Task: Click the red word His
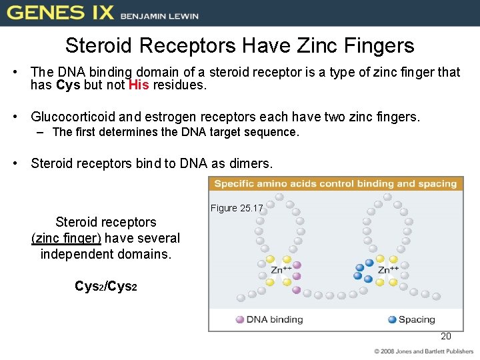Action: [x=139, y=85]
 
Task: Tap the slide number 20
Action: [x=446, y=336]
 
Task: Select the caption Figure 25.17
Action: [x=237, y=208]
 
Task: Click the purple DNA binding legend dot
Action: [x=240, y=319]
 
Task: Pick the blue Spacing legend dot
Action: [x=392, y=319]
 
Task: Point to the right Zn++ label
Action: [x=389, y=270]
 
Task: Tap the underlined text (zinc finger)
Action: [x=66, y=238]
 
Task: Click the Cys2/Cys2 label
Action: [x=106, y=286]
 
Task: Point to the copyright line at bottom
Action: [x=423, y=351]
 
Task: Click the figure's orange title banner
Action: [x=335, y=184]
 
